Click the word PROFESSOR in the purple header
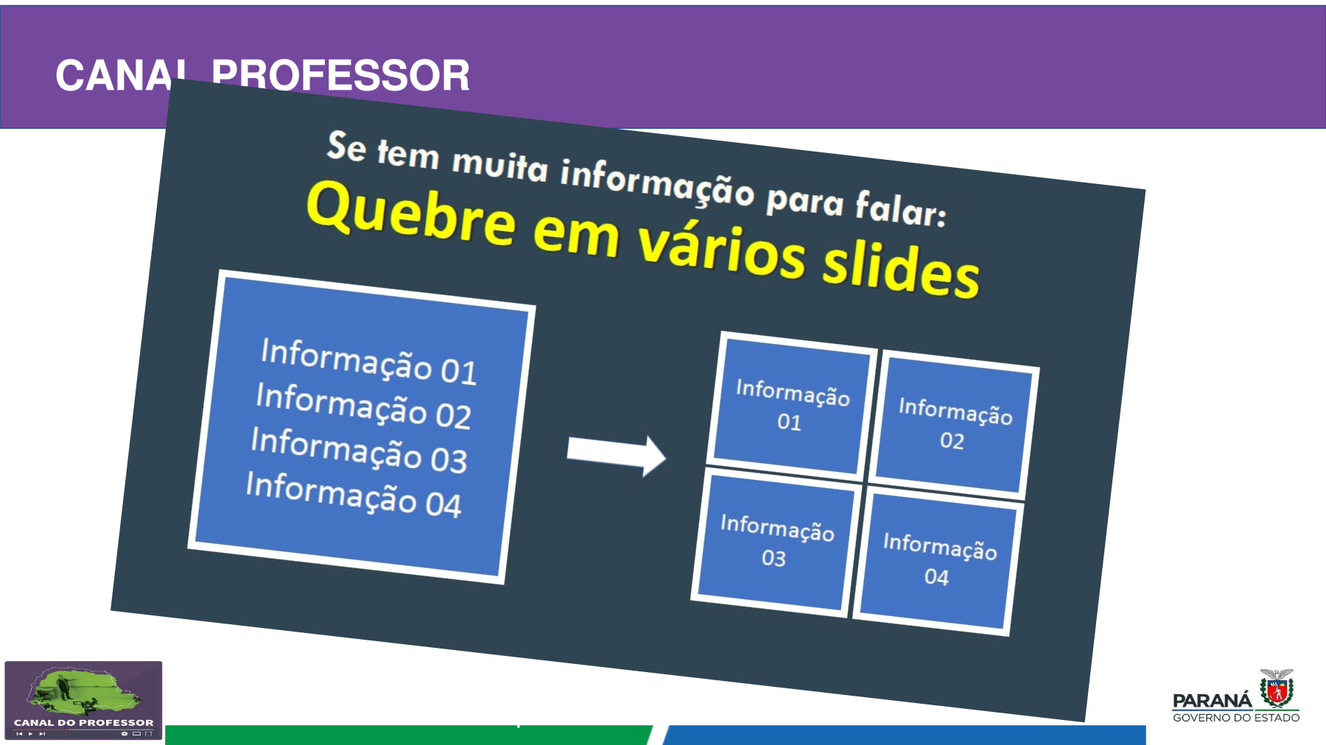pyautogui.click(x=340, y=75)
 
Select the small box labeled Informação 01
pyautogui.click(x=790, y=404)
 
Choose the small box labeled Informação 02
pyautogui.click(x=954, y=424)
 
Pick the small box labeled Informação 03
pyautogui.click(x=776, y=542)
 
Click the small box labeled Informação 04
pyautogui.click(x=938, y=560)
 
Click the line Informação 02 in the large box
pyautogui.click(x=364, y=406)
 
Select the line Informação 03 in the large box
pyautogui.click(x=359, y=450)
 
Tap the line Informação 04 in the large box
pyautogui.click(x=354, y=495)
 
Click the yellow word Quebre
pyautogui.click(x=411, y=213)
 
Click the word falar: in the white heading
pyautogui.click(x=901, y=208)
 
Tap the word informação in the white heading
pyautogui.click(x=657, y=180)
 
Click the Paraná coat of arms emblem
pyautogui.click(x=1277, y=689)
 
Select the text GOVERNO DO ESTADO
pyautogui.click(x=1236, y=718)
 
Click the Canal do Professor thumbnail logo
pyautogui.click(x=83, y=700)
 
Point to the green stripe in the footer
pyautogui.click(x=409, y=735)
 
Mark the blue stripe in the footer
pyautogui.click(x=904, y=735)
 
